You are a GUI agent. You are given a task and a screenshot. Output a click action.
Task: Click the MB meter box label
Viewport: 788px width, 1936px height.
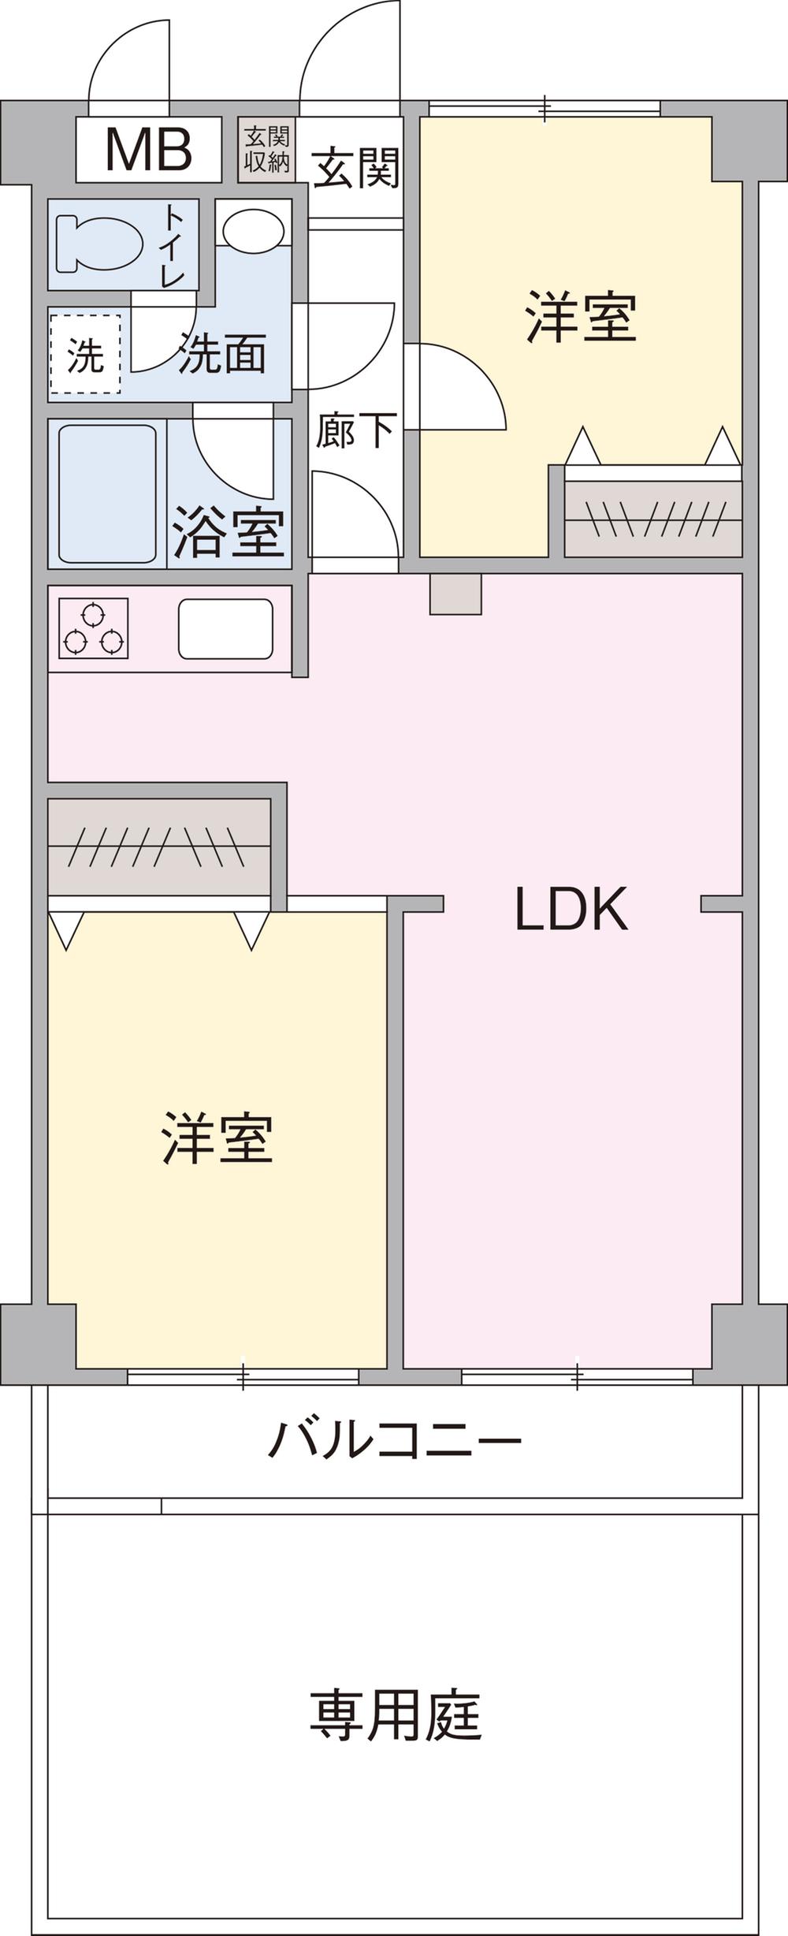click(x=148, y=149)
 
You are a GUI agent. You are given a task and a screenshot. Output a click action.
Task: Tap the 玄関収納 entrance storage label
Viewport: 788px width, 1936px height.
click(x=267, y=149)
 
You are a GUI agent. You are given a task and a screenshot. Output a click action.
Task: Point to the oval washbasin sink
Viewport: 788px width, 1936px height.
click(x=253, y=229)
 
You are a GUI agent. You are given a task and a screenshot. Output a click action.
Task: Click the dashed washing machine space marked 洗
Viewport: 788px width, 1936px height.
click(x=85, y=354)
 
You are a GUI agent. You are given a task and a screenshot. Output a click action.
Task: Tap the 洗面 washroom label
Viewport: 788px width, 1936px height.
click(x=222, y=354)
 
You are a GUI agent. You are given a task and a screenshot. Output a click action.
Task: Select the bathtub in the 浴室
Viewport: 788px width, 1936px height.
click(x=107, y=493)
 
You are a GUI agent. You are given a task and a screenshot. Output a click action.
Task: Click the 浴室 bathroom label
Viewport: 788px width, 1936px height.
click(x=229, y=532)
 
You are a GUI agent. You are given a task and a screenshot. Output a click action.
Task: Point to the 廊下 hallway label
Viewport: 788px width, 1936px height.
click(x=355, y=430)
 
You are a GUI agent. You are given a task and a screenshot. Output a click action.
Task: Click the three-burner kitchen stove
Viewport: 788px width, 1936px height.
click(x=93, y=628)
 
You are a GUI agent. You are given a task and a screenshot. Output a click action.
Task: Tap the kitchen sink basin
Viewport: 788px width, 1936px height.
click(x=225, y=628)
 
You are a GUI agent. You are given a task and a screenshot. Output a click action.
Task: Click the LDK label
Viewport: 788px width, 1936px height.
click(x=571, y=909)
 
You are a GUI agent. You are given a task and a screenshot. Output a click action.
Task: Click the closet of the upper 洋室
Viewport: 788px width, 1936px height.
click(x=653, y=519)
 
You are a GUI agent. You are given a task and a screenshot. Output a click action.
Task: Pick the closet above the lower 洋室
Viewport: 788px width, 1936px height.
click(x=159, y=847)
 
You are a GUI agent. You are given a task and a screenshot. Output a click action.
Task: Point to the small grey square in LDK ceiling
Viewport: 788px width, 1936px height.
click(x=455, y=594)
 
